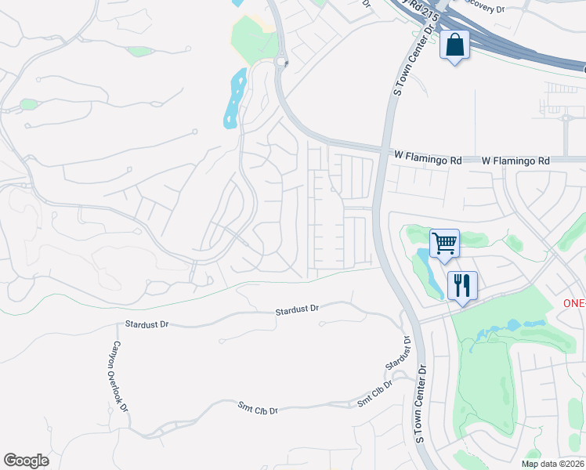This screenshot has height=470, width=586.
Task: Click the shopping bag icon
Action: (x=454, y=45)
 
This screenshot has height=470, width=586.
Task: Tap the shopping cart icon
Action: (x=444, y=243)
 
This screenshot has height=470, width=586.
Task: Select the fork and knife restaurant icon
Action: (x=462, y=285)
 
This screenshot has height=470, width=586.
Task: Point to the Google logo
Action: (x=26, y=461)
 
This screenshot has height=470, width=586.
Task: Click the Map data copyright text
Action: (x=552, y=464)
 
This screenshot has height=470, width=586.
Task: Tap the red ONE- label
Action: (x=575, y=303)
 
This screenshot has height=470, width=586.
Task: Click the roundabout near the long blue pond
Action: (x=282, y=62)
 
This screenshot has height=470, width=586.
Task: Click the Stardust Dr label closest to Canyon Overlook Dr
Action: (x=147, y=324)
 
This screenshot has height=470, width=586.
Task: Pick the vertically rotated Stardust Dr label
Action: (x=398, y=355)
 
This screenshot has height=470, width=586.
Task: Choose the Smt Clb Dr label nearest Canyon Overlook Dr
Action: (x=259, y=407)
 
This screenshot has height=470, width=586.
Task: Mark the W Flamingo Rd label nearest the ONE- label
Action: (x=515, y=161)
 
